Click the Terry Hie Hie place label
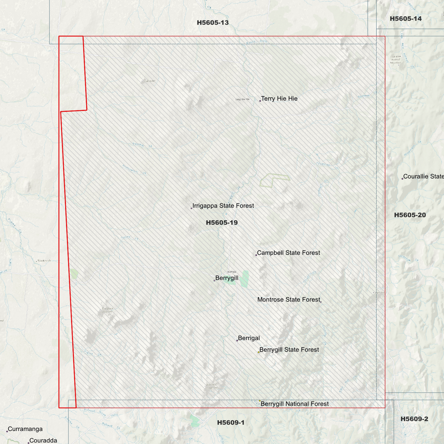pyautogui.click(x=279, y=99)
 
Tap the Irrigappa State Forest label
pyautogui.click(x=223, y=206)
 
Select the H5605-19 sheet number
pyautogui.click(x=222, y=223)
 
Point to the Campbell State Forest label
pyautogui.click(x=289, y=253)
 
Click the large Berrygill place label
pyautogui.click(x=227, y=278)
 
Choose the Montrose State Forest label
pyautogui.click(x=289, y=300)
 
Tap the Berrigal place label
pyautogui.click(x=249, y=338)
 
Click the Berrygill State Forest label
pyautogui.click(x=289, y=350)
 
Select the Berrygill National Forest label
pyautogui.click(x=294, y=404)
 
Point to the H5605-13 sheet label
pyautogui.click(x=213, y=23)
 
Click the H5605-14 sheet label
pyautogui.click(x=406, y=19)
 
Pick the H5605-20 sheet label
pyautogui.click(x=410, y=215)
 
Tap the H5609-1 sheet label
pyautogui.click(x=231, y=423)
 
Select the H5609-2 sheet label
pyautogui.click(x=414, y=419)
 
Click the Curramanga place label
pyautogui.click(x=25, y=429)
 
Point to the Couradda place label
pyautogui.click(x=43, y=441)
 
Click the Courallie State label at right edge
pyautogui.click(x=423, y=176)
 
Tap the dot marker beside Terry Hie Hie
pyautogui.click(x=260, y=101)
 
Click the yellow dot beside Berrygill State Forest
pyautogui.click(x=258, y=352)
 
